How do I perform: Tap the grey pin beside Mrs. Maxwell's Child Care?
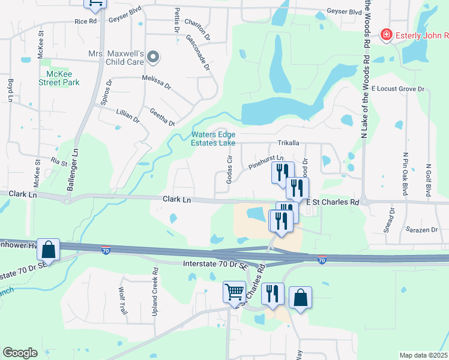(153, 58)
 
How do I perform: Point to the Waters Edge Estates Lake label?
(213, 139)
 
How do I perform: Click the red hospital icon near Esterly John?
(387, 35)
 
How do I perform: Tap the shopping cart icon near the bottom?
(234, 293)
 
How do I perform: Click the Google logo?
(20, 353)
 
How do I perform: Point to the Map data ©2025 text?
(423, 355)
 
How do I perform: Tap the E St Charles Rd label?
(332, 203)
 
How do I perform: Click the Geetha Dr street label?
(162, 116)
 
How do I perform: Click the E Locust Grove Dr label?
(397, 89)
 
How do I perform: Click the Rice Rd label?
(85, 21)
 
